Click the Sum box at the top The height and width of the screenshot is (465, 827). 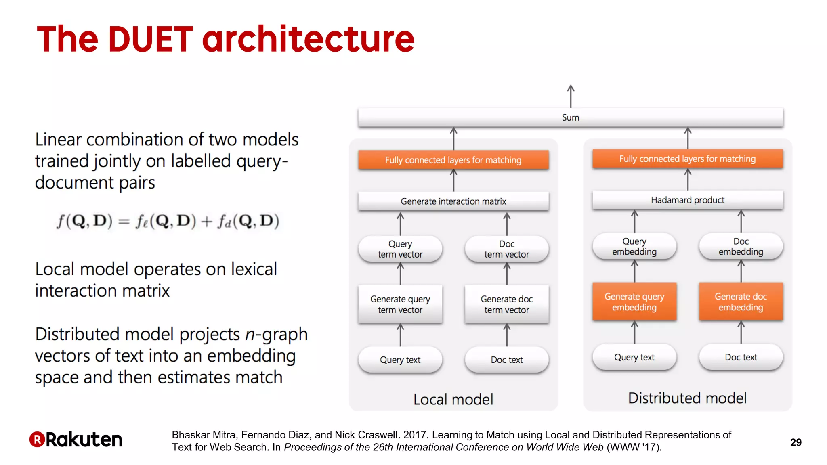[570, 117]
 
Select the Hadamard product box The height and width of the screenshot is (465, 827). [687, 200]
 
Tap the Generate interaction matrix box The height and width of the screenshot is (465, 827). [453, 201]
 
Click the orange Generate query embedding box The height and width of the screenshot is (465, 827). [634, 302]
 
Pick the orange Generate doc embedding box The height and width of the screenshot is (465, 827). [741, 302]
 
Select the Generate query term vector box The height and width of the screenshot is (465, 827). [400, 304]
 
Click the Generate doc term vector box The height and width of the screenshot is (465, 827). [506, 304]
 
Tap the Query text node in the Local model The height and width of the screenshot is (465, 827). [400, 360]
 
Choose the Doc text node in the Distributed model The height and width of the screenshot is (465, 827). [741, 357]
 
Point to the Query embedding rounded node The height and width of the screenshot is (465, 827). [634, 246]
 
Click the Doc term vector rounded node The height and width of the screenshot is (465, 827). [506, 249]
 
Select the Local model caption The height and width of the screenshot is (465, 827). [453, 399]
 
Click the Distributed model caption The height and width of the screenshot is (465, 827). [687, 398]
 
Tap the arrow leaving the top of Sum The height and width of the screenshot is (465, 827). [571, 96]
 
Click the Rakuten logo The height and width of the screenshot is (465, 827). [76, 440]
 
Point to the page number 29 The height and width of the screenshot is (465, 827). [796, 442]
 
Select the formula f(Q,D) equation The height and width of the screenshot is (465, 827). [168, 221]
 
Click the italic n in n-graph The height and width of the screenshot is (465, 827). [250, 335]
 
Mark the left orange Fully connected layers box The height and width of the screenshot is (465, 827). [453, 160]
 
